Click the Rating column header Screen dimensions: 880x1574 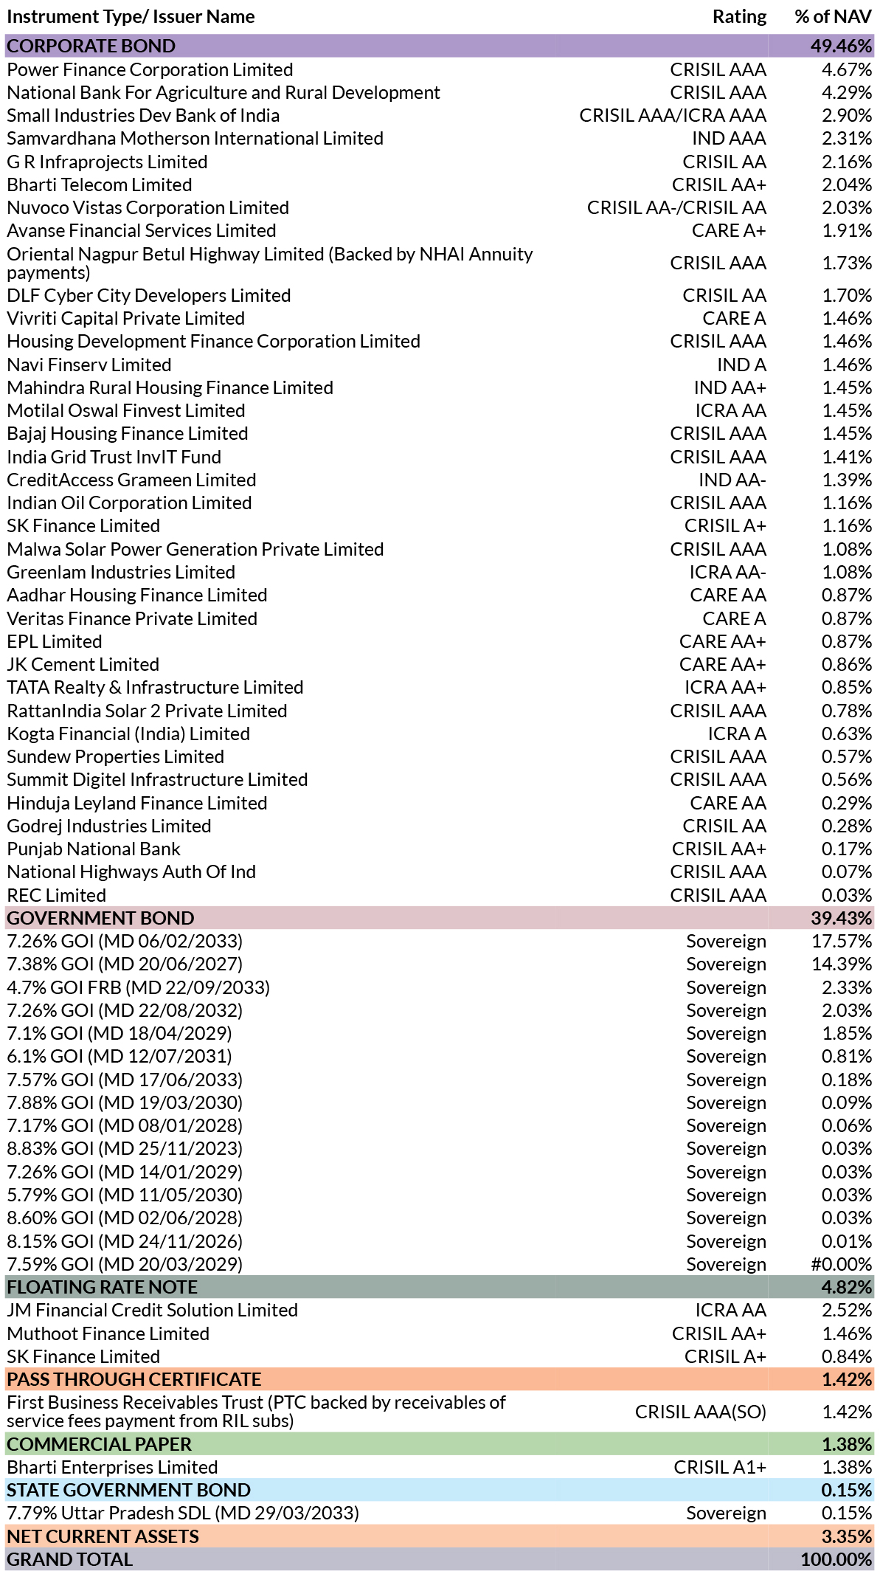739,17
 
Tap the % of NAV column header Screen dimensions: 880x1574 834,17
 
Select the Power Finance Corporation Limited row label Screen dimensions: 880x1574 150,69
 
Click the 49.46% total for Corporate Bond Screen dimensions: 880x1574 841,46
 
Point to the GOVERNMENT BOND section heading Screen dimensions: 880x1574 100,918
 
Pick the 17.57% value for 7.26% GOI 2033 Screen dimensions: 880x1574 842,941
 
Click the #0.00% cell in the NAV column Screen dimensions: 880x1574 842,1264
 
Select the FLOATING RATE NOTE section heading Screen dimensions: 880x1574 103,1287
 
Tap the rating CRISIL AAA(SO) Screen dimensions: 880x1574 701,1412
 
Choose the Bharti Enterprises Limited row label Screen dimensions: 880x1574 112,1467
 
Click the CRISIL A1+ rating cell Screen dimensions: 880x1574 720,1467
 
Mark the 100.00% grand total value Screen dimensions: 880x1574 836,1559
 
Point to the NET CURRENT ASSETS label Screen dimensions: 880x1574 103,1536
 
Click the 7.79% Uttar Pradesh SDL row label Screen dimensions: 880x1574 183,1513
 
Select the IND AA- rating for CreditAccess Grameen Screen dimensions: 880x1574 732,480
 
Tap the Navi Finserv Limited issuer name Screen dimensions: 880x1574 89,365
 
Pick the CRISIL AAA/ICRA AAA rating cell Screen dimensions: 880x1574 673,116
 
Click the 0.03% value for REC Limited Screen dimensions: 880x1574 847,895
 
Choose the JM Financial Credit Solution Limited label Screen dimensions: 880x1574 153,1310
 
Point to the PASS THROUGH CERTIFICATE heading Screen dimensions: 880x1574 134,1379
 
